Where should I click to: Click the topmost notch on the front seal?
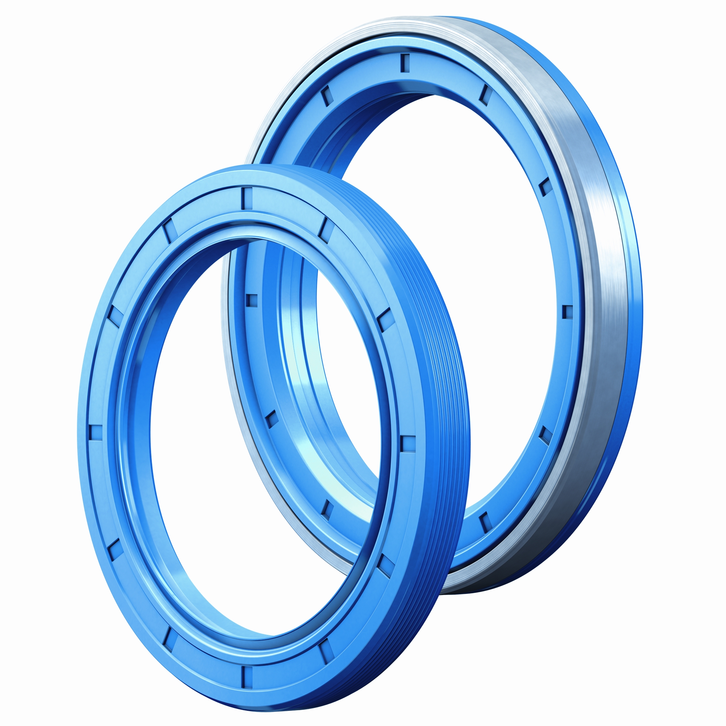pos(246,199)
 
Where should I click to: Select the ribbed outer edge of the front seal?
pos(444,376)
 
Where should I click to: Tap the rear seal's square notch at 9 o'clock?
pos(252,300)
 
